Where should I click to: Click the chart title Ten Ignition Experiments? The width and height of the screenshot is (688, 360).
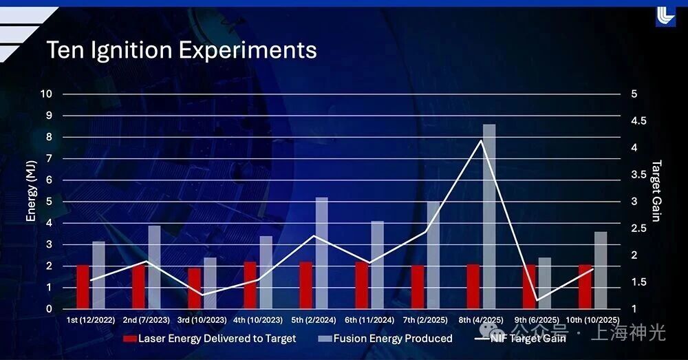(181, 50)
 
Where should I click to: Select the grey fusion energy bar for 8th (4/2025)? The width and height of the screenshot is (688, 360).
(489, 216)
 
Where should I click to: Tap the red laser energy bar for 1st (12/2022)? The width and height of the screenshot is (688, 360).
(83, 286)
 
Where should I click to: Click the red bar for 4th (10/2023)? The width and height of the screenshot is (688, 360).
(250, 285)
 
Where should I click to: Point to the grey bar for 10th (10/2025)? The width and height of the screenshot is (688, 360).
(601, 270)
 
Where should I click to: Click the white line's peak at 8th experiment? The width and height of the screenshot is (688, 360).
(481, 141)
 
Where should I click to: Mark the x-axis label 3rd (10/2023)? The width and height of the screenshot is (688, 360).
(201, 320)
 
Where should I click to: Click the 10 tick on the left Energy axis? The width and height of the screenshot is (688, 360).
(47, 94)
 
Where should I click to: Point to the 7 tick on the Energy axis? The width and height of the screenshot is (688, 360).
(49, 158)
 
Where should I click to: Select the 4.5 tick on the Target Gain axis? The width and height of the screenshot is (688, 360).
(639, 121)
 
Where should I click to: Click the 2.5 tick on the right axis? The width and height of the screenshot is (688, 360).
(639, 229)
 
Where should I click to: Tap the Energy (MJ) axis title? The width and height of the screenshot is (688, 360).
(31, 197)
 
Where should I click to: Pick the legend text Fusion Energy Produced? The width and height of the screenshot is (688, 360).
(392, 339)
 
